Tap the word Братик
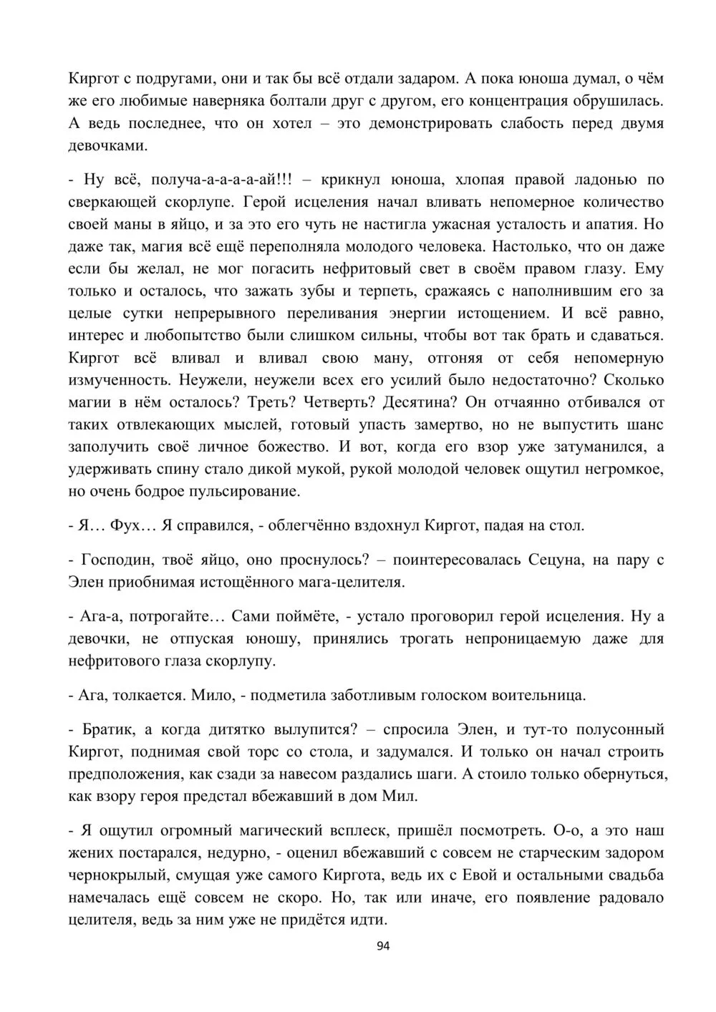(107, 729)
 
